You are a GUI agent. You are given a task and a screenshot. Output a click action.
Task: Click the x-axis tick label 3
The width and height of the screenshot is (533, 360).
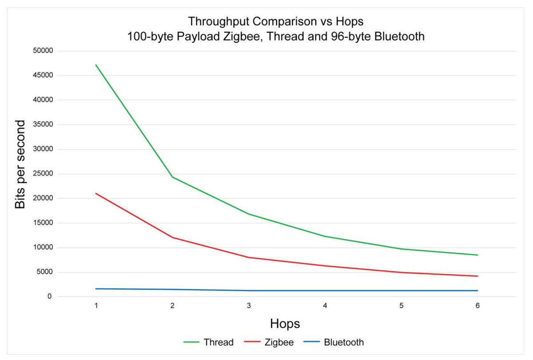[249, 306]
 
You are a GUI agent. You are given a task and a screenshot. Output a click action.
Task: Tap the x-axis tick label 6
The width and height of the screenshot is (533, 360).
[477, 306]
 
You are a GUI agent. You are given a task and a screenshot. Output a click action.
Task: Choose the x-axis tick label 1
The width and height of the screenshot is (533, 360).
[96, 306]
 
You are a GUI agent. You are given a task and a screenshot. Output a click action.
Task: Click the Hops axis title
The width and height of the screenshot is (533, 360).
[285, 324]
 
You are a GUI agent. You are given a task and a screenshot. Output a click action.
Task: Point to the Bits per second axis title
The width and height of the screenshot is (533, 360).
[20, 164]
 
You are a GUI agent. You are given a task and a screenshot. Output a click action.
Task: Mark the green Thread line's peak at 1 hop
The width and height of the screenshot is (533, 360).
[96, 65]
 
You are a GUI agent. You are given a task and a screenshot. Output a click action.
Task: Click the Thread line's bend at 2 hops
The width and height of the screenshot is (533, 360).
[172, 177]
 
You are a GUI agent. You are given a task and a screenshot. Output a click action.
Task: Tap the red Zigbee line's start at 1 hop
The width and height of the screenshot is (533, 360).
[96, 193]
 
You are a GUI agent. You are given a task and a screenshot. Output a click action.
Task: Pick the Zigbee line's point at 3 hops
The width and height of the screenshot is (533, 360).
[249, 257]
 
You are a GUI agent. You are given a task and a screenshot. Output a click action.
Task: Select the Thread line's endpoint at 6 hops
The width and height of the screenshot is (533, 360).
[477, 255]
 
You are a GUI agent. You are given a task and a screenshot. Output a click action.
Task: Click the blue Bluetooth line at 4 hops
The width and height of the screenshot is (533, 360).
[325, 291]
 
